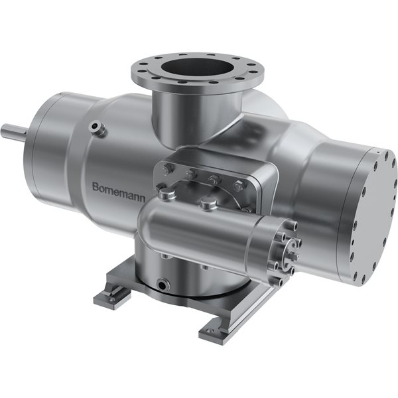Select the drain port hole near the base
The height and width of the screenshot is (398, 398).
163,285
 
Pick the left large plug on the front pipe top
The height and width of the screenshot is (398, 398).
168,194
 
